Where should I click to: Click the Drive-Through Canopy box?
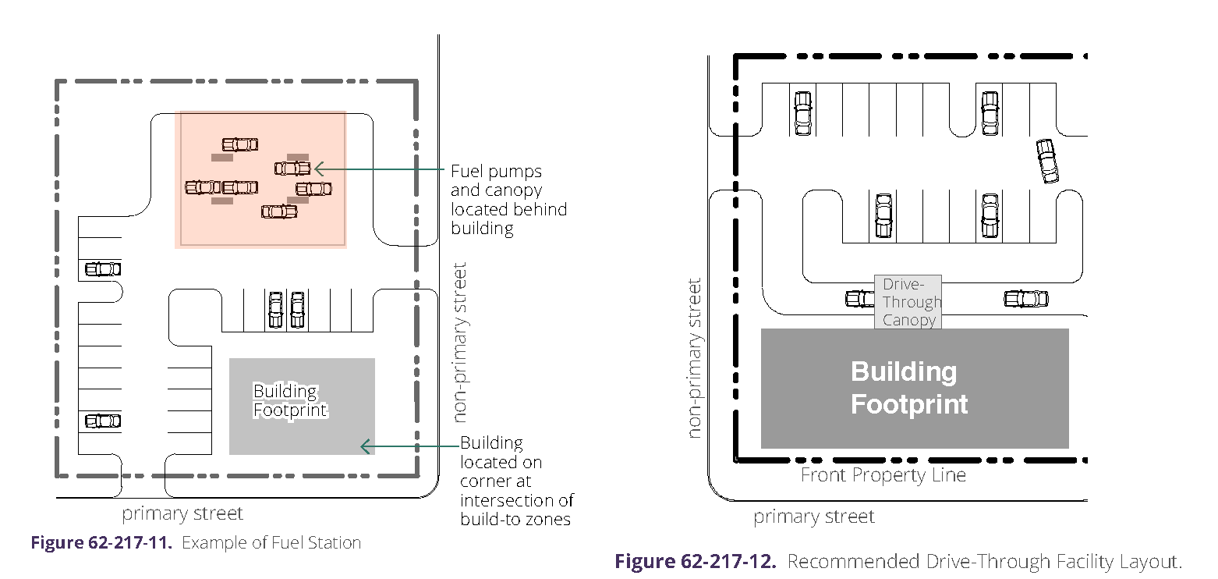tap(908, 302)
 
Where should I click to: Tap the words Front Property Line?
tap(883, 475)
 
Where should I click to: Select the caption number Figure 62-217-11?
tap(101, 543)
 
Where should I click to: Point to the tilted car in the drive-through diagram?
tap(1047, 162)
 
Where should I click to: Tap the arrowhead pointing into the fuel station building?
tap(364, 446)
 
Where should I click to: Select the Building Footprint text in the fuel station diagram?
tap(289, 401)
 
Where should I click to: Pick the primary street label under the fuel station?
tap(182, 513)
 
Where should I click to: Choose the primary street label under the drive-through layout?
tap(814, 517)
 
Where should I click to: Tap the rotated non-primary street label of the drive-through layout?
tap(695, 358)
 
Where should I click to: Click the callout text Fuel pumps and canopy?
tap(508, 200)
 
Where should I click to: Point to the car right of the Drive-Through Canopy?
tap(1026, 299)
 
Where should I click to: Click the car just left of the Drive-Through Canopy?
tap(860, 298)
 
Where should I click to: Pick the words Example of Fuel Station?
tap(271, 543)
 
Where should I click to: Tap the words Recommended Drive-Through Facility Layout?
tap(984, 561)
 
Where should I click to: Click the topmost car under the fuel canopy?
tap(240, 144)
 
